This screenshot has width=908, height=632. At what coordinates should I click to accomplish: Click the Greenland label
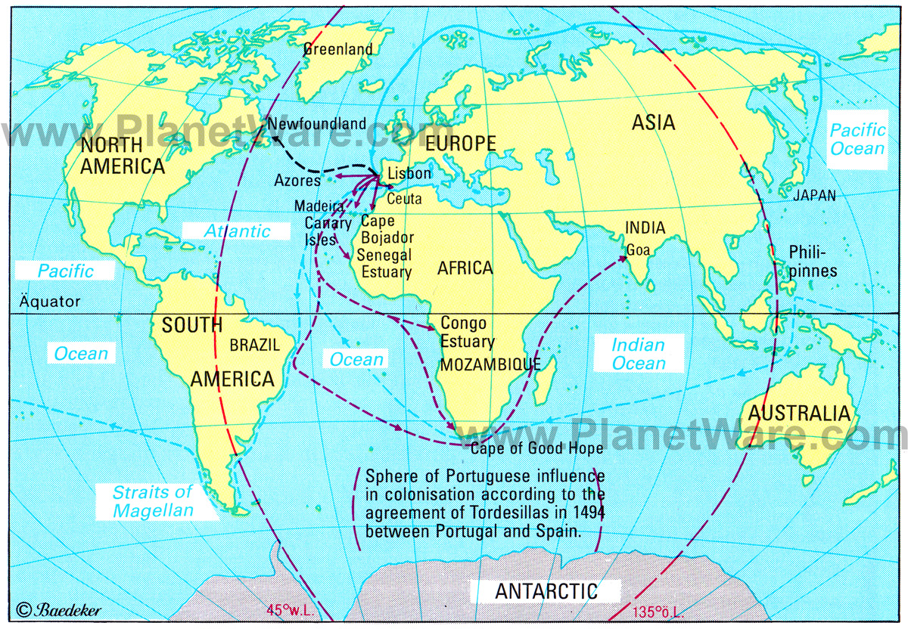click(338, 49)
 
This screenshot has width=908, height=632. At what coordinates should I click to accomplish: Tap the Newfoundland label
click(317, 123)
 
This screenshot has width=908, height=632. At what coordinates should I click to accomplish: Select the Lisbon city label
click(409, 174)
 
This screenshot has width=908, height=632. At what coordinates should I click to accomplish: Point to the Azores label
click(299, 181)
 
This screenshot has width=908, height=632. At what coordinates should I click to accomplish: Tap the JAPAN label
click(814, 196)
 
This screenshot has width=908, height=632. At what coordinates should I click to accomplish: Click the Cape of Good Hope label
click(536, 448)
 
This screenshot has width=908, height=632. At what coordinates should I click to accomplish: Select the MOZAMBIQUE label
click(490, 364)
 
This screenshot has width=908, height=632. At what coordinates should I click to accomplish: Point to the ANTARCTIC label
click(546, 591)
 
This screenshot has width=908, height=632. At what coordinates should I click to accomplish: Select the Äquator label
click(45, 302)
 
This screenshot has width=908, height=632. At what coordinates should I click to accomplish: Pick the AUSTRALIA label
click(801, 414)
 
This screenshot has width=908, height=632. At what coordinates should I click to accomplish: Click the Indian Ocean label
click(639, 355)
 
